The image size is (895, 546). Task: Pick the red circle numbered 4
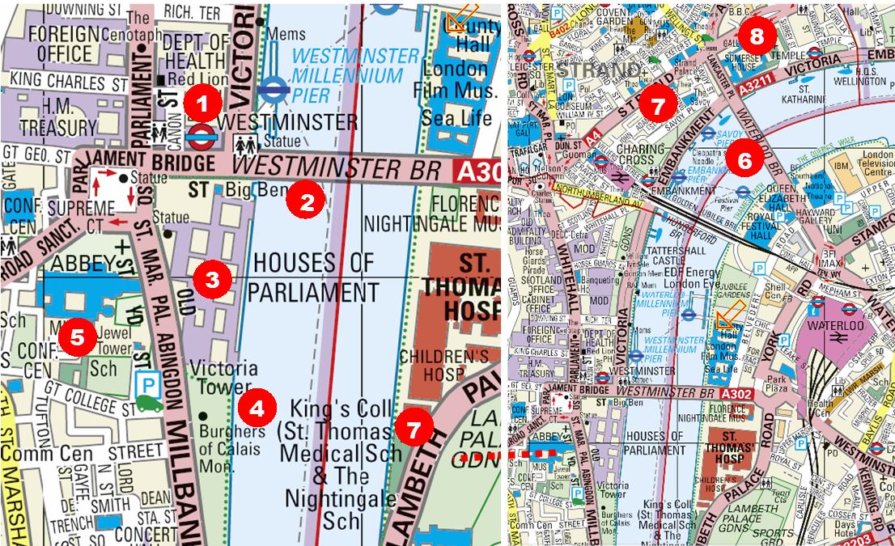[x=257, y=408]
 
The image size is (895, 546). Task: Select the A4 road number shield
[x=593, y=142]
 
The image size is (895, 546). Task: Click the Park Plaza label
[x=778, y=383]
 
